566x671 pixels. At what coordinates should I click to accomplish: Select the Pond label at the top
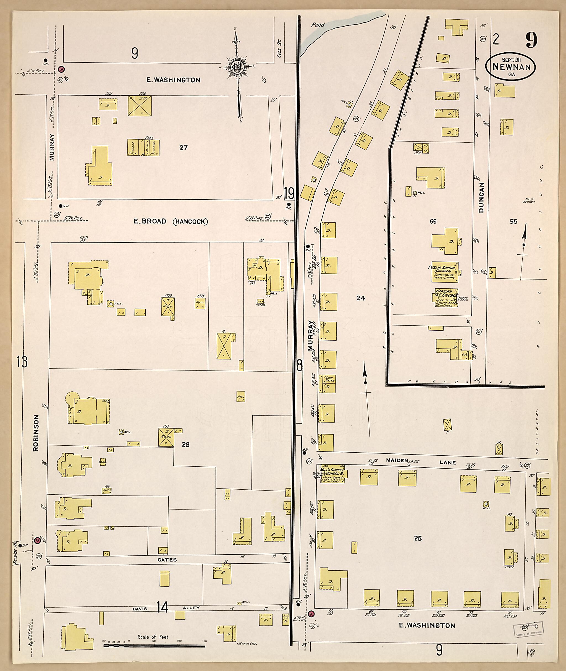point(318,24)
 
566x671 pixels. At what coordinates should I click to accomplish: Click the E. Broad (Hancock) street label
point(171,221)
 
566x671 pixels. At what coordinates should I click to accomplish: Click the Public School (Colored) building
point(444,272)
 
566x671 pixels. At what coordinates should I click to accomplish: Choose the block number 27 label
point(183,148)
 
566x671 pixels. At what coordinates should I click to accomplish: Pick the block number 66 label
point(433,221)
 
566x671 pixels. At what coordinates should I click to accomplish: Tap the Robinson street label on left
point(36,433)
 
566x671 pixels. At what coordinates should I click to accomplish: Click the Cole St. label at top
point(279,48)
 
